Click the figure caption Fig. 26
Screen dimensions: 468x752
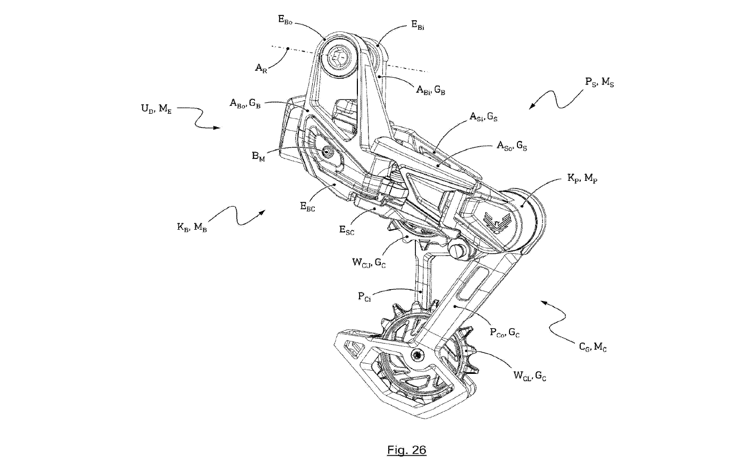click(x=407, y=450)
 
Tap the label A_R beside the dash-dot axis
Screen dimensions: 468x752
click(x=261, y=68)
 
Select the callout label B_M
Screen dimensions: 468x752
click(x=258, y=156)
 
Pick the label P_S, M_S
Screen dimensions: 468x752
click(x=599, y=82)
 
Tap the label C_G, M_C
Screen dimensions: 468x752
click(x=592, y=347)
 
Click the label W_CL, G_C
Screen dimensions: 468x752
click(x=529, y=375)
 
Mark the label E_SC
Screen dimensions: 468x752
click(x=347, y=230)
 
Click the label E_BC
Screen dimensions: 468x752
click(x=307, y=207)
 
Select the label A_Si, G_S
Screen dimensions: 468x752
click(x=483, y=116)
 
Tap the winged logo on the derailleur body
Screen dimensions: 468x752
click(x=495, y=219)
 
